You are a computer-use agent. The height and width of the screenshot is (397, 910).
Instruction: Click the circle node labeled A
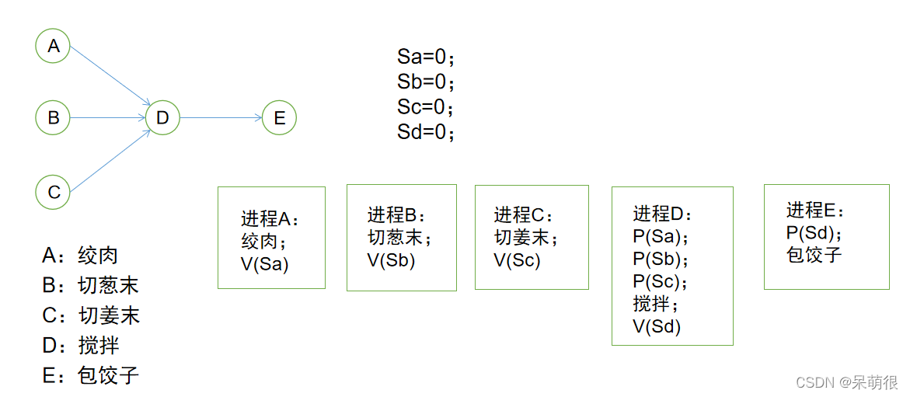pos(53,46)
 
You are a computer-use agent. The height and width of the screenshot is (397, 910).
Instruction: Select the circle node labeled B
pos(53,118)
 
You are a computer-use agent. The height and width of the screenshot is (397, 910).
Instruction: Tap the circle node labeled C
pos(53,191)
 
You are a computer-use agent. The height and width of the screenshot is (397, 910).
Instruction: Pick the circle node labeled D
pos(162,118)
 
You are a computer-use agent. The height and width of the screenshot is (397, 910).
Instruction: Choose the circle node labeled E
pos(279,118)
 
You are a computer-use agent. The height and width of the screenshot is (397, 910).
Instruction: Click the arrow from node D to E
pos(221,118)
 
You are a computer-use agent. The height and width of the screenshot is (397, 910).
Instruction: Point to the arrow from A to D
pos(109,75)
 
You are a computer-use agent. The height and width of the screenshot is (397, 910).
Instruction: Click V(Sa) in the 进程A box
pos(264,263)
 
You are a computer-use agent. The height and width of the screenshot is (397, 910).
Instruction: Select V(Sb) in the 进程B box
pos(391,260)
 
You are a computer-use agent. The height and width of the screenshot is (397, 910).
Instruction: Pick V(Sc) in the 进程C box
pos(517,260)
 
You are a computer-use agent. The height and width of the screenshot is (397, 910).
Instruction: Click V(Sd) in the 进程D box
pos(657,326)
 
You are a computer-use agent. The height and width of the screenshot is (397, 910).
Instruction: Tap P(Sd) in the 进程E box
pos(814,232)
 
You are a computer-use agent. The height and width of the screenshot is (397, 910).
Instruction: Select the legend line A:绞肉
pos(80,255)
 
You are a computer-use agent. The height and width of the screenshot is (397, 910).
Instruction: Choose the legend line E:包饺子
pos(90,375)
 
